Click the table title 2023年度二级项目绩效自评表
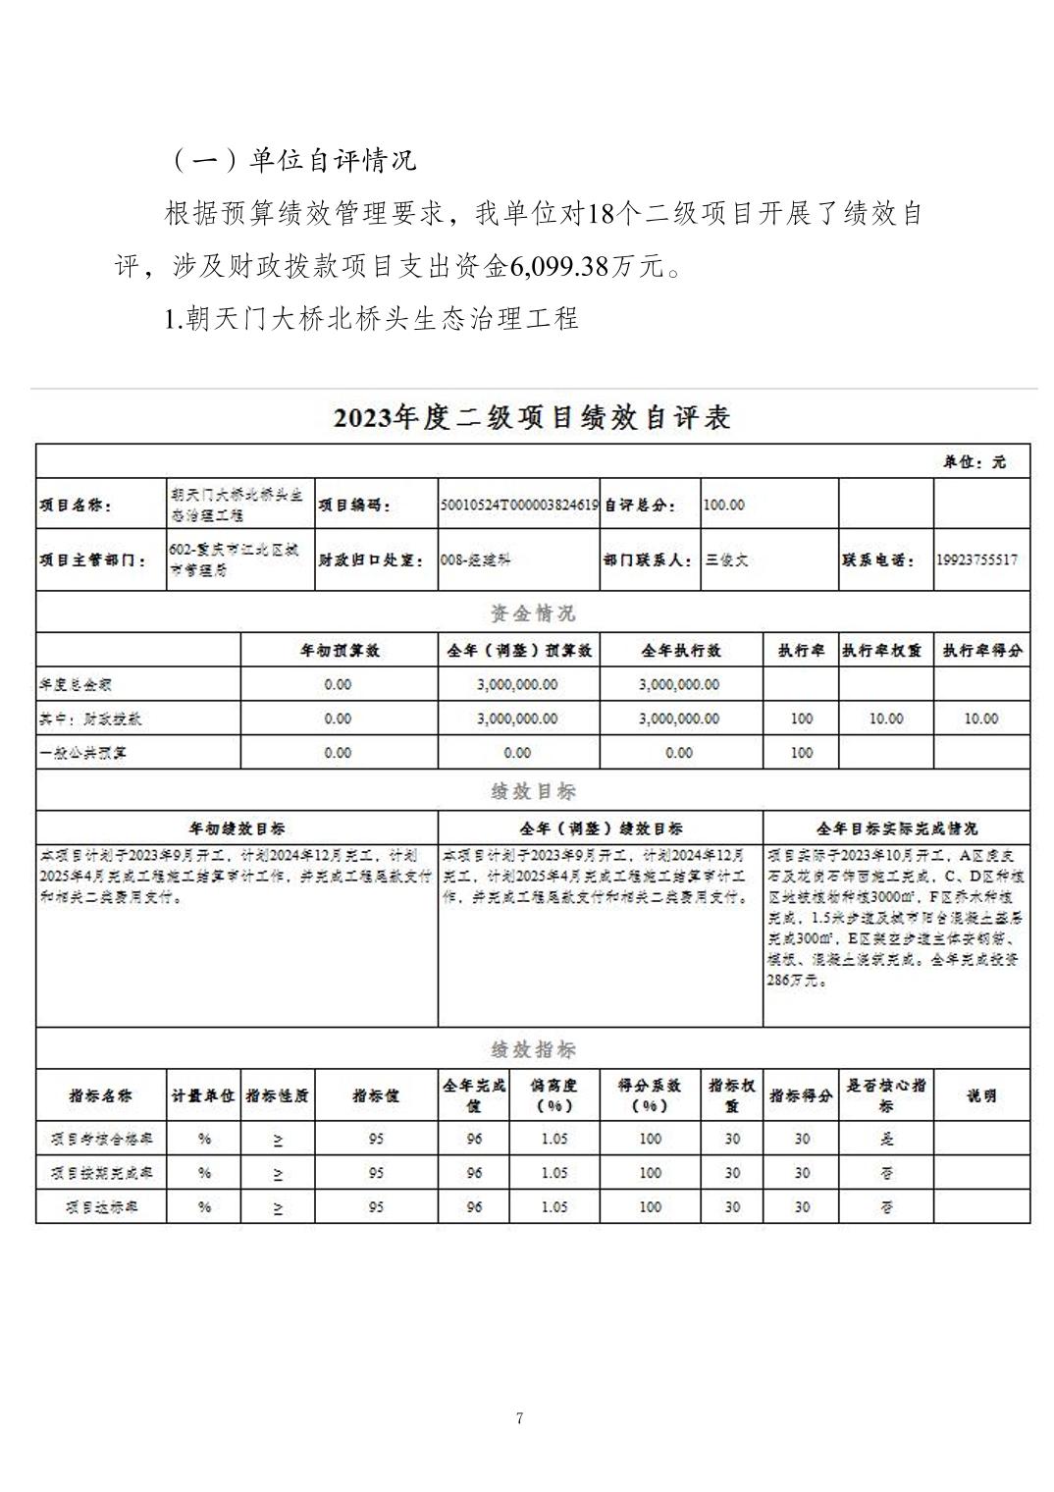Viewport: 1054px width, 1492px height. coord(532,418)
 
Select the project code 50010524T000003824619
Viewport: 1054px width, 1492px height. coord(519,505)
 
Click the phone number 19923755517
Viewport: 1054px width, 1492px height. coord(976,559)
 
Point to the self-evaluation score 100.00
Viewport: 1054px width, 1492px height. coord(724,505)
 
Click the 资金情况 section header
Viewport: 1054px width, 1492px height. coord(533,613)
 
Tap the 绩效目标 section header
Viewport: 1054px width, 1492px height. coord(533,791)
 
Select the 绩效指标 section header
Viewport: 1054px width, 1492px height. coord(533,1049)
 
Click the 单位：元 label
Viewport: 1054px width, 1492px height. coord(975,462)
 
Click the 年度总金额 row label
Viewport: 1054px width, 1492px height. coord(76,684)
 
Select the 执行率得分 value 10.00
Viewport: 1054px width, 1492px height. coord(980,719)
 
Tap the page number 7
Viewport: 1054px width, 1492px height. coord(519,1417)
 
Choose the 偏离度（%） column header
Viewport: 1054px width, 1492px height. coord(553,1094)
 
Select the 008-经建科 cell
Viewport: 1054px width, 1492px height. coord(476,559)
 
